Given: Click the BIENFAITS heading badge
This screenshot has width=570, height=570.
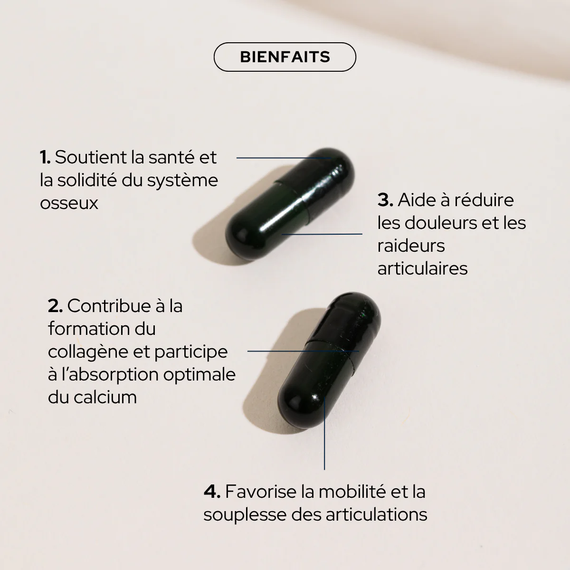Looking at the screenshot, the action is (285, 57).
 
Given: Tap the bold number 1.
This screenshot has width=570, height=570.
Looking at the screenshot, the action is (45, 157).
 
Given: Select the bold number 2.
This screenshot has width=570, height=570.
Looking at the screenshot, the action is (55, 306).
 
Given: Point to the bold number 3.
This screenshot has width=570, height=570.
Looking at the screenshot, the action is (385, 200).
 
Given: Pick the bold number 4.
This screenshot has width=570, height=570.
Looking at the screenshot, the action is (212, 492).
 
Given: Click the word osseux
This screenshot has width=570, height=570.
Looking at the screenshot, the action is (69, 203).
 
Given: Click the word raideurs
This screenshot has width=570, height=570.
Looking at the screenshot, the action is (411, 246).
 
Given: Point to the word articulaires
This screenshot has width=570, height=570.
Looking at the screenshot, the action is (422, 268).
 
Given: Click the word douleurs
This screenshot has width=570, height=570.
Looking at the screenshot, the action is (441, 223).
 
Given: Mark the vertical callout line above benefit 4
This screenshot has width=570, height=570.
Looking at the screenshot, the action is (324, 433).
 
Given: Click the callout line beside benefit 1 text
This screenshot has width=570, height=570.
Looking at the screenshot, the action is (284, 158).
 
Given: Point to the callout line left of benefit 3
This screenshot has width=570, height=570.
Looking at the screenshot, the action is (322, 234).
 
